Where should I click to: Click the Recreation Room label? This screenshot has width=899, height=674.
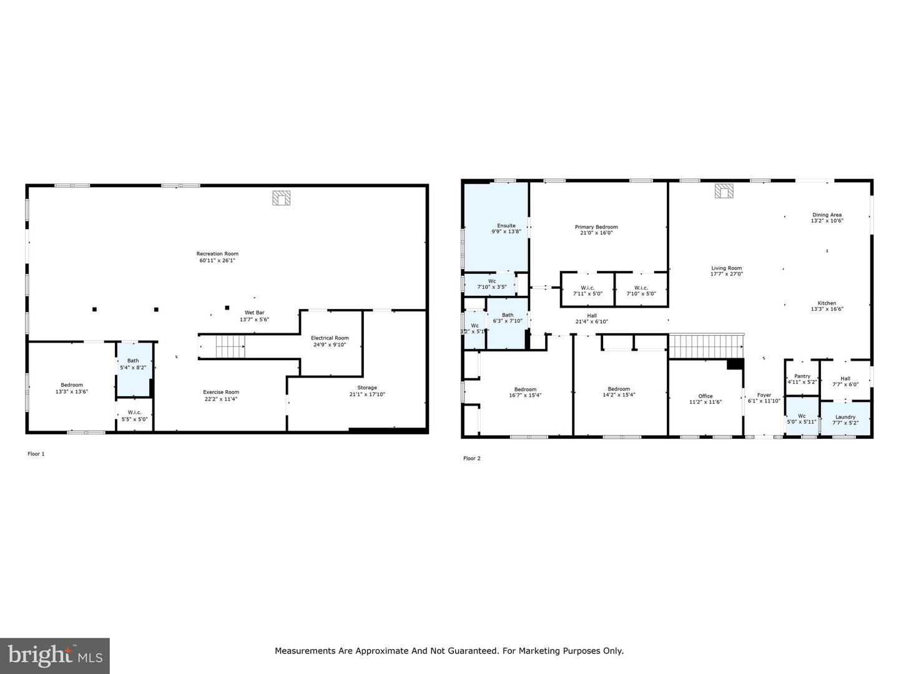(x=217, y=254)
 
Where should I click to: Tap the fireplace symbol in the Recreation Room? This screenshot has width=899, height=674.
(x=282, y=198)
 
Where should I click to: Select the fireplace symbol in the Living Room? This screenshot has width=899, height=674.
(x=724, y=191)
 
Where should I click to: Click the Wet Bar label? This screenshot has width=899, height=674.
(x=254, y=313)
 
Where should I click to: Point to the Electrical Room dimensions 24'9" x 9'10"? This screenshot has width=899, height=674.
(x=330, y=344)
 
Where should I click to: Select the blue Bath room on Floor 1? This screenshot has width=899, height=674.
(x=134, y=368)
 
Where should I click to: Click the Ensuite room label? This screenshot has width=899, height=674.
(x=506, y=225)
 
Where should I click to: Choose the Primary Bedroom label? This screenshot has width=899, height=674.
(x=596, y=227)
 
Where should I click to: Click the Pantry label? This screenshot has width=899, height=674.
(x=802, y=376)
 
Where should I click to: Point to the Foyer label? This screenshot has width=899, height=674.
(x=764, y=395)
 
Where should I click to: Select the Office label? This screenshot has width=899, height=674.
(x=705, y=396)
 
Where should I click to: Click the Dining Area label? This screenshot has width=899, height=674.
(x=827, y=215)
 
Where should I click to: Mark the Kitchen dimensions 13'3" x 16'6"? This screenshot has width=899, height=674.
(x=827, y=309)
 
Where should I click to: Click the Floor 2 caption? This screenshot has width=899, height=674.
(x=472, y=459)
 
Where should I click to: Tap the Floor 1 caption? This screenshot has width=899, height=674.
(x=36, y=454)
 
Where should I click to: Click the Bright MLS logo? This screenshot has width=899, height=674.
(x=55, y=655)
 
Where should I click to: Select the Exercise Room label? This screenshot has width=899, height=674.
(x=221, y=393)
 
